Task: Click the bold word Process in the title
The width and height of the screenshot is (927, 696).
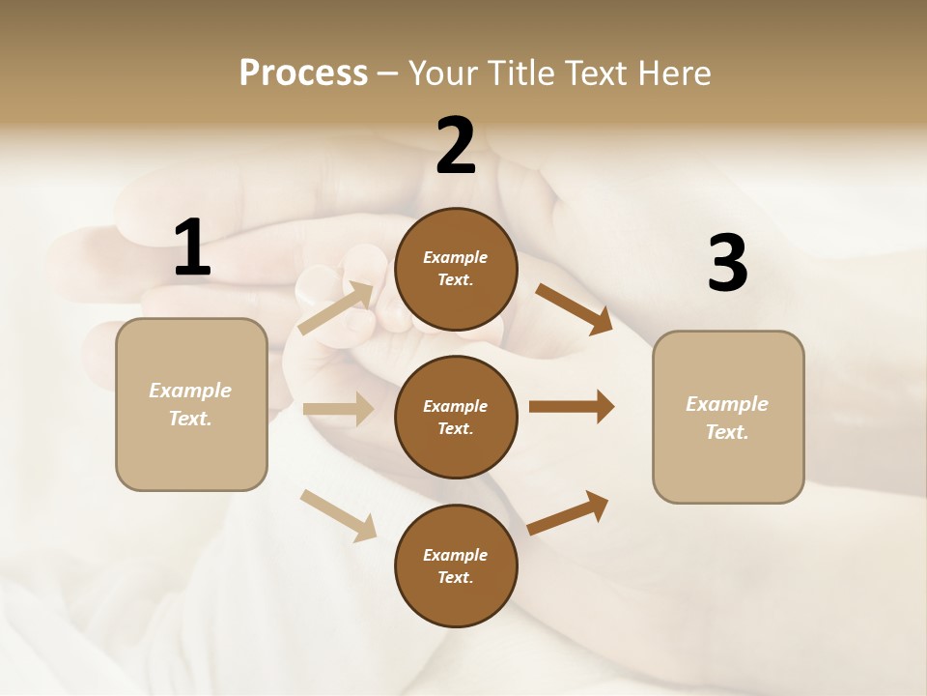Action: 303,73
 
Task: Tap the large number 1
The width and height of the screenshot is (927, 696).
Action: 192,248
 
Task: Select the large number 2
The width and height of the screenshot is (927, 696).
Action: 456,146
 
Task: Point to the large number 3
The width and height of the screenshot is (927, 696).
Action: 727,264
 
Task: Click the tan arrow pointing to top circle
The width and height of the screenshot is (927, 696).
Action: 336,307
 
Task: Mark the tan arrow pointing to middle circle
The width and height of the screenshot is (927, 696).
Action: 338,409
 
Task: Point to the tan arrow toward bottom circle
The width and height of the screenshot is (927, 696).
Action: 338,514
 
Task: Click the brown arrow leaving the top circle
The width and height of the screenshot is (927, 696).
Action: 575,308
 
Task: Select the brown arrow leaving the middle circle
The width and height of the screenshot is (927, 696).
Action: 572,406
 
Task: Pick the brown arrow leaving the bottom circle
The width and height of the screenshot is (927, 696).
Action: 569,511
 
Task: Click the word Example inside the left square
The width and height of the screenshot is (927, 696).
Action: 190,391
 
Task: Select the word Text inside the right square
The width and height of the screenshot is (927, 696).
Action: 726,432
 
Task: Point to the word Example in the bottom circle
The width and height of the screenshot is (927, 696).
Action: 455,555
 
